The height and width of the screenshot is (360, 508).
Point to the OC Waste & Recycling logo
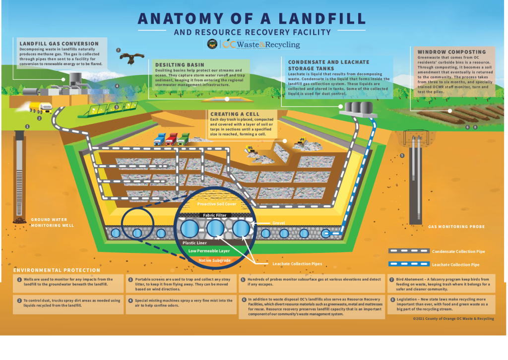tap(261, 44)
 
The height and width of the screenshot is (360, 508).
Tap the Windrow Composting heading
tap(451, 52)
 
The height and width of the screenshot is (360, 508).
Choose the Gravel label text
tap(278, 223)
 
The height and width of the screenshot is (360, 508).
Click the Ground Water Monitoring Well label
tap(52, 222)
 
